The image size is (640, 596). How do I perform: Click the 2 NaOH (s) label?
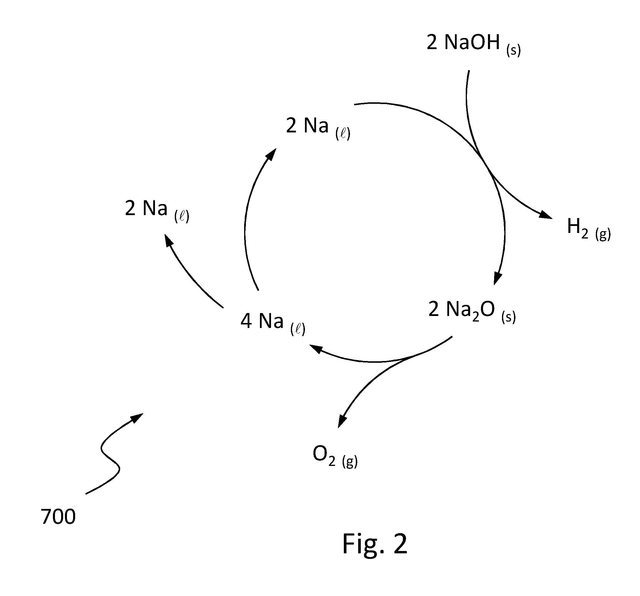pyautogui.click(x=474, y=45)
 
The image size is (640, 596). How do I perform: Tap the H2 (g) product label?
pyautogui.click(x=589, y=229)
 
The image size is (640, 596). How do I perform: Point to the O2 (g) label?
pyautogui.click(x=335, y=457)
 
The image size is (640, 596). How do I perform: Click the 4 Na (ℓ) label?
pyautogui.click(x=273, y=323)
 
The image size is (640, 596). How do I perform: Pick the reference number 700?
pyautogui.click(x=58, y=516)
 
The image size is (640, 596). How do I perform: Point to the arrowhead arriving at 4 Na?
pyautogui.click(x=316, y=348)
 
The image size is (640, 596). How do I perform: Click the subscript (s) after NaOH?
pyautogui.click(x=513, y=51)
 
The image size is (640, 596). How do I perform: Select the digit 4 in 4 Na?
pyautogui.click(x=246, y=321)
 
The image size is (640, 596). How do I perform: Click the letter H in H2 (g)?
pyautogui.click(x=574, y=226)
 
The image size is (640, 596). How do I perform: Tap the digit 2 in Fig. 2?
pyautogui.click(x=400, y=543)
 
